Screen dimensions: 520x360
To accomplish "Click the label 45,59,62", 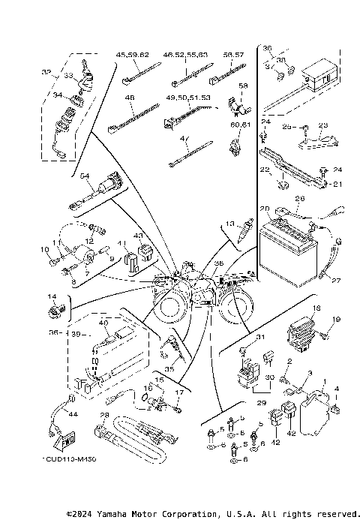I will click(x=132, y=56).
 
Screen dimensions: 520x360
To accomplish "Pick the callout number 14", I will click(x=52, y=296).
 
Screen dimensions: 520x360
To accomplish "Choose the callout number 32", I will click(x=46, y=72).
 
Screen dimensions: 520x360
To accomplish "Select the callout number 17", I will click(x=178, y=392).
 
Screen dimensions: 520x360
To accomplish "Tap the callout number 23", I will click(x=324, y=125).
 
